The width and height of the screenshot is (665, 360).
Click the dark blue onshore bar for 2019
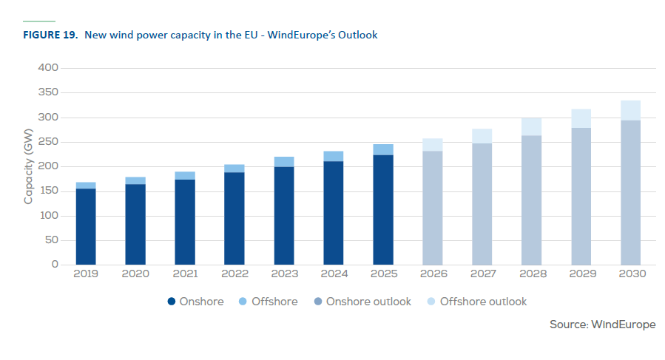86,226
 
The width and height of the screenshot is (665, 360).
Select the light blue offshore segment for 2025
383,149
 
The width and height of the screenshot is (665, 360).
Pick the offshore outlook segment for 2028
531,126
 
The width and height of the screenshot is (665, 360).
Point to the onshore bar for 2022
234,218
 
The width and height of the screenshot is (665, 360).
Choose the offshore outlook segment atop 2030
630,110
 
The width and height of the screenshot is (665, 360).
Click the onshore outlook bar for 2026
433,218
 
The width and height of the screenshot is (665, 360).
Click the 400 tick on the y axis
48,68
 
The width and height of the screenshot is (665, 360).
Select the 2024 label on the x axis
334,274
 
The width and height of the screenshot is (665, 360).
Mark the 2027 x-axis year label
482,274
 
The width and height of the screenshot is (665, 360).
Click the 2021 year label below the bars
185,274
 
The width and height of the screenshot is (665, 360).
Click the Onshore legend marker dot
172,302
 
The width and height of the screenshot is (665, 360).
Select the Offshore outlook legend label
483,302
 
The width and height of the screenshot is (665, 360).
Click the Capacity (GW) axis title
29,166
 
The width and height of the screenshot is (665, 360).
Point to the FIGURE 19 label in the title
50,35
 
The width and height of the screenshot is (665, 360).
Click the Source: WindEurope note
602,325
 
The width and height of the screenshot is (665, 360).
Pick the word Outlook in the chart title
357,35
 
